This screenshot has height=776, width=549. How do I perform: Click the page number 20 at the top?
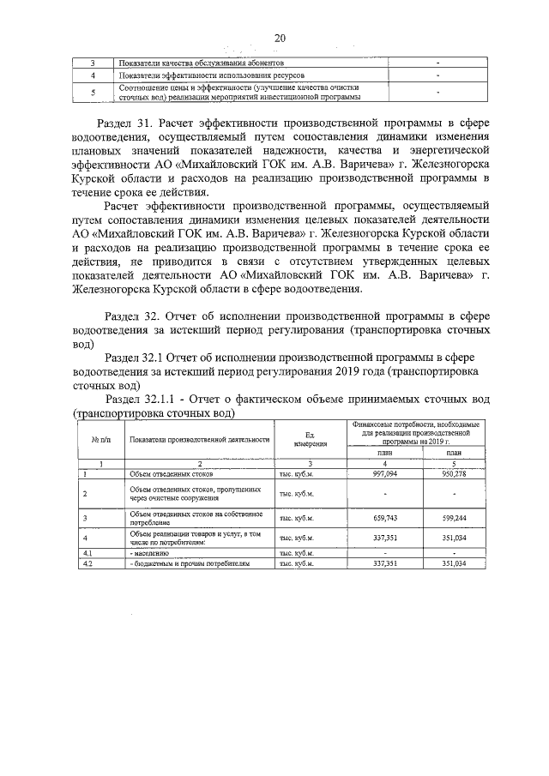pos(280,37)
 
